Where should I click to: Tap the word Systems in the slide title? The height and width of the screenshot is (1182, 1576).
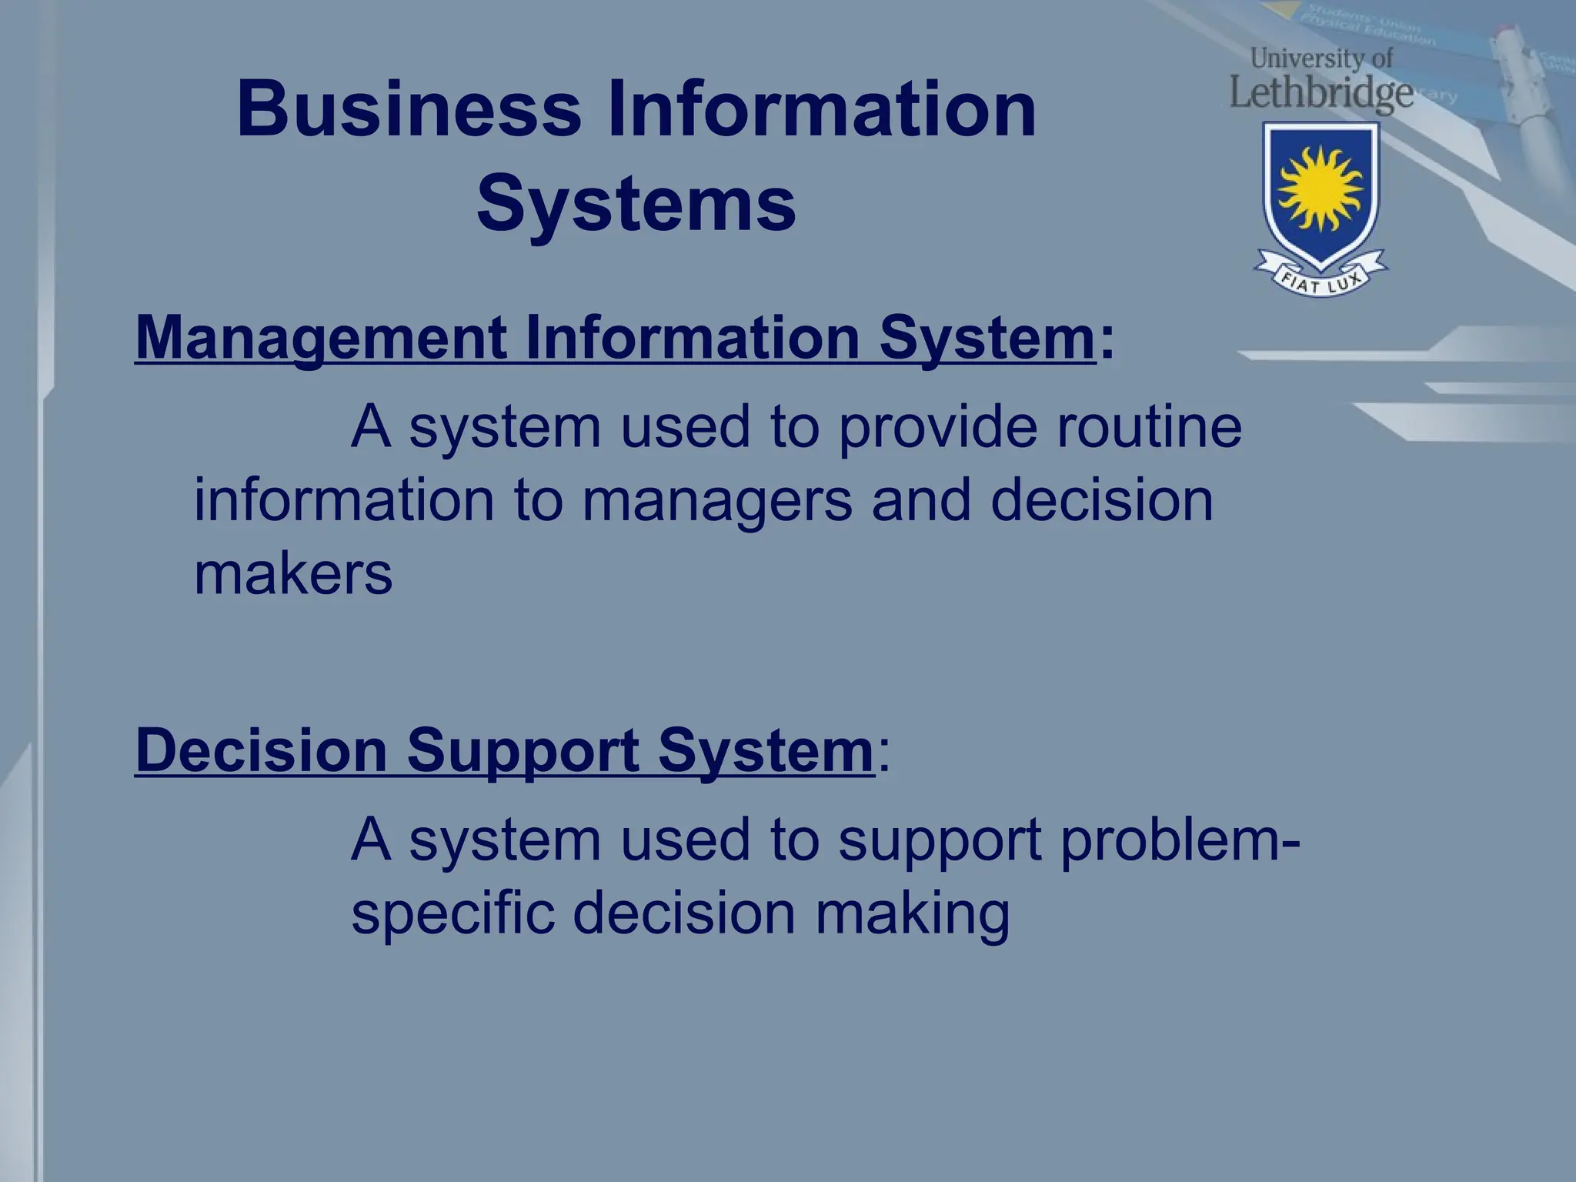(x=636, y=204)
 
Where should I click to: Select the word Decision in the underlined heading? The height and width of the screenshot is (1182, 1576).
(x=261, y=750)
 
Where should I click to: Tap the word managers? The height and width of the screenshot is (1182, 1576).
(x=716, y=501)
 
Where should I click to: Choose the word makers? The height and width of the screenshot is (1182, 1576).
(x=293, y=574)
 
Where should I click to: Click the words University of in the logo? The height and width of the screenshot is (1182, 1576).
(x=1321, y=58)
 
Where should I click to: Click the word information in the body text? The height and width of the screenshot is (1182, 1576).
(x=343, y=501)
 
